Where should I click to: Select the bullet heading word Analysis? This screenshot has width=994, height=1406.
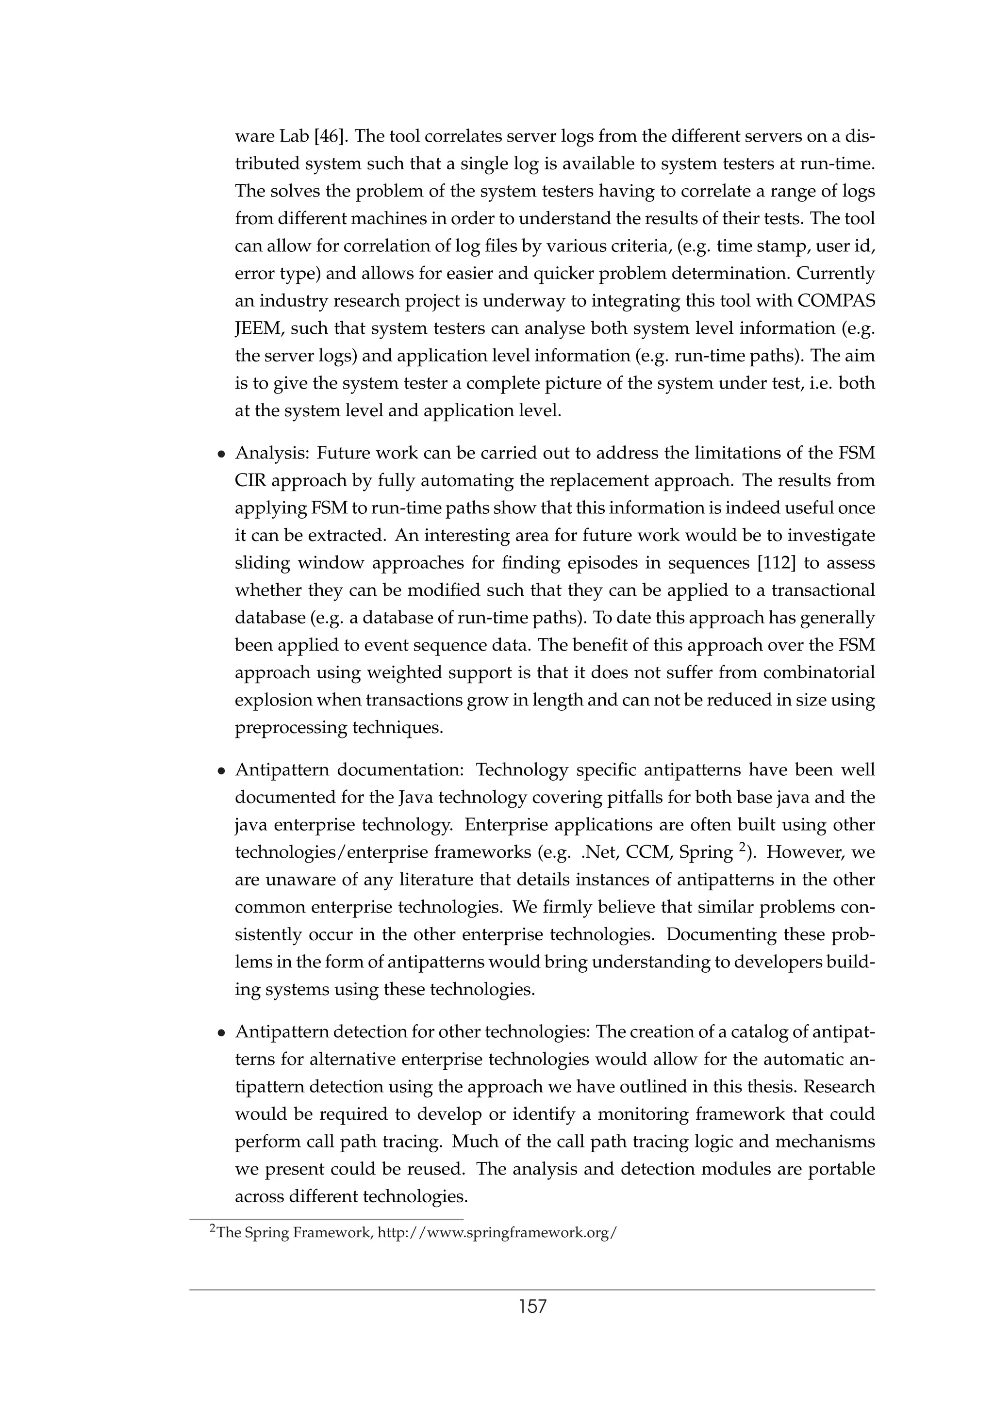[271, 453]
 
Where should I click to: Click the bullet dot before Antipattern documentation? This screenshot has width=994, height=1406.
[222, 771]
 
